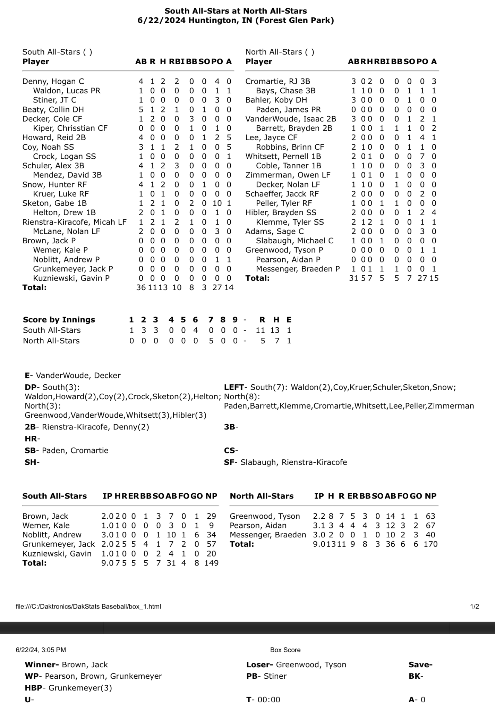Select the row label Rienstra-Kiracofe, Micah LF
pos(74,222)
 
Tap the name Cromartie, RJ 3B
pos(278,81)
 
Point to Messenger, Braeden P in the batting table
pos(298,269)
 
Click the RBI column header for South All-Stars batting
pos(177,61)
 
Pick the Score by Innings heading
pos(59,320)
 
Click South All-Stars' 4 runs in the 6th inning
pos(195,330)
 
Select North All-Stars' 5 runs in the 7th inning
pos(211,341)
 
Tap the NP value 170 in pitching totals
pos(430,544)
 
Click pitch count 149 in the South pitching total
pos(211,563)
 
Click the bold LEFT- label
pos(236,387)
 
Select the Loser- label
pos(260,664)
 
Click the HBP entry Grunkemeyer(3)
pos(80,688)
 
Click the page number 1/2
pos(475,607)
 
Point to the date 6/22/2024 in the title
pos(161,20)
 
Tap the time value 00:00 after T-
pos(269,700)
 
